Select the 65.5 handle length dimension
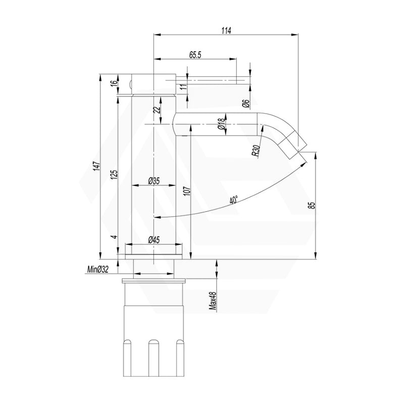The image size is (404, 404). [x=195, y=55]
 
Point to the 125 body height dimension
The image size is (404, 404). [x=115, y=174]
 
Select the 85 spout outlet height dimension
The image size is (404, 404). [x=312, y=205]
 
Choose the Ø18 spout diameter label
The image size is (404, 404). [x=221, y=125]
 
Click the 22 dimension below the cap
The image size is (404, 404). [x=157, y=109]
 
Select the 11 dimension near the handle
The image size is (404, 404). [x=184, y=87]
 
